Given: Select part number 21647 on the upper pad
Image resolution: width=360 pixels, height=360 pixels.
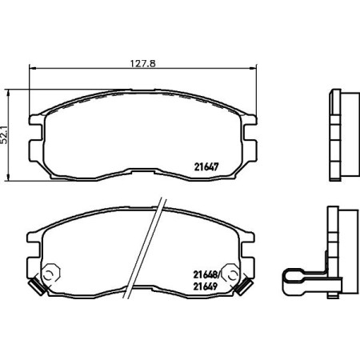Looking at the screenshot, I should tap(207, 167).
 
